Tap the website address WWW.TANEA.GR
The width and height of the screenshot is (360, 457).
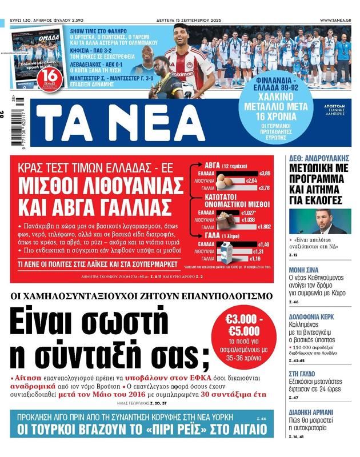335,20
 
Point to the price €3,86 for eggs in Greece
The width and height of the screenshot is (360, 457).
265,173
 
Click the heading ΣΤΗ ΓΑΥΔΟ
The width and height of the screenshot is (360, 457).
303,373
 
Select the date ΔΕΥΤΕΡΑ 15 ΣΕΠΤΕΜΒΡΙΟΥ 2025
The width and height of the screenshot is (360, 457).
187,20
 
